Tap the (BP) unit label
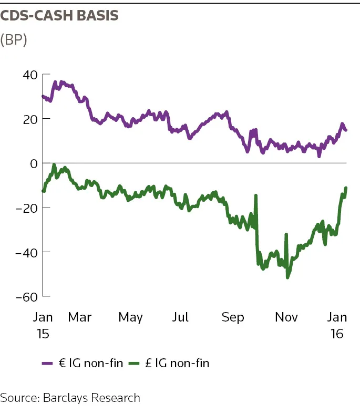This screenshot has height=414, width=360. (x=14, y=39)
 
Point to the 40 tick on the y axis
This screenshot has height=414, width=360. (x=30, y=75)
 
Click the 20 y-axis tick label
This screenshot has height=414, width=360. (x=30, y=119)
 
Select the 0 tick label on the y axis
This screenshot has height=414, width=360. (x=34, y=163)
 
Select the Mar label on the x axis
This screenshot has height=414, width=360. (x=79, y=317)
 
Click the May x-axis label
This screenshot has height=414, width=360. (x=130, y=317)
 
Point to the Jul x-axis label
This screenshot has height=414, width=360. (x=181, y=317)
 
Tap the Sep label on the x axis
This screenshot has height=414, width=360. (x=233, y=317)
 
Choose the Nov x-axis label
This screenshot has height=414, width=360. (x=286, y=317)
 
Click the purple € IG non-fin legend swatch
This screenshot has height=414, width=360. (x=48, y=364)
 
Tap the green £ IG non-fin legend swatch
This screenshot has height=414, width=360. (x=135, y=364)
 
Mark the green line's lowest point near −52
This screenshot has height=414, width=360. (x=287, y=277)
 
